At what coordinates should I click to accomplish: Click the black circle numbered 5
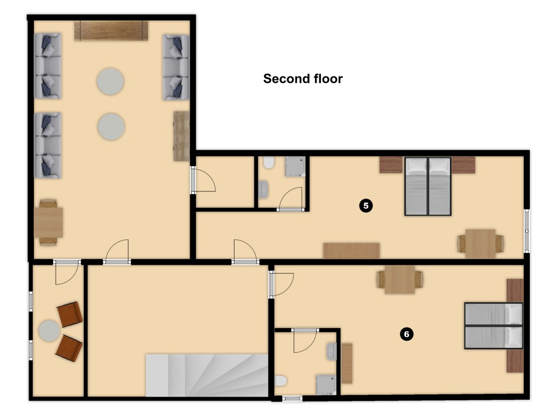(366, 206)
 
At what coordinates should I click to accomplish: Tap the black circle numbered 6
(406, 334)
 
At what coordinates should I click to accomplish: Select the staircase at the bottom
(207, 375)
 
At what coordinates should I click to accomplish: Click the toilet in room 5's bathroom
(269, 162)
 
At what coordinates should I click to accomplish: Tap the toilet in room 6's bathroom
(280, 381)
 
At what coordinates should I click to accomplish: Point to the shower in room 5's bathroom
(295, 167)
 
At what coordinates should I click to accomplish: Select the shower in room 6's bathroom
(326, 385)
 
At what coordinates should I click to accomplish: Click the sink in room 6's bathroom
(331, 352)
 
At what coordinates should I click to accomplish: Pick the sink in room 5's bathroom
(264, 189)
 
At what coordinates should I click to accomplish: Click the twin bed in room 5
(428, 186)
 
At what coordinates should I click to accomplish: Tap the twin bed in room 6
(494, 325)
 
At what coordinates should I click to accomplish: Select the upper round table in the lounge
(110, 81)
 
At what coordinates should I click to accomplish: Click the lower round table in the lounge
(111, 127)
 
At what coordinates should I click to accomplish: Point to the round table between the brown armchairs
(49, 331)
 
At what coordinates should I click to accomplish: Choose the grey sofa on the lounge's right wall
(175, 67)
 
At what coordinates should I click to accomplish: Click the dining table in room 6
(400, 279)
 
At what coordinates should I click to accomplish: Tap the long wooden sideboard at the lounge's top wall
(111, 31)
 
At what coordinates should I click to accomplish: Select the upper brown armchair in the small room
(70, 314)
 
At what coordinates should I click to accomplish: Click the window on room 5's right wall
(527, 231)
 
